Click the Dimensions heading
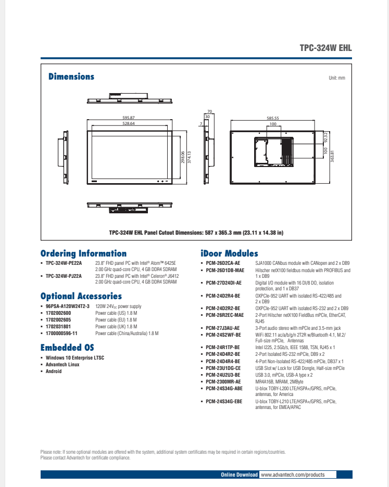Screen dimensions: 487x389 71,76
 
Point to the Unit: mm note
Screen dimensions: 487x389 337,78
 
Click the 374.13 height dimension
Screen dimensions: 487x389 189,158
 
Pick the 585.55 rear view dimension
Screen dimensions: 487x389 273,118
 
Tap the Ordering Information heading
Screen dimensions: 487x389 83,253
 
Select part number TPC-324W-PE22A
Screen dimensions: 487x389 64,263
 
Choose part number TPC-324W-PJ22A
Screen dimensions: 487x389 64,276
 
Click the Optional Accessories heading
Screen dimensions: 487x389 81,296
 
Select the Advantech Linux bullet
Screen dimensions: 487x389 62,364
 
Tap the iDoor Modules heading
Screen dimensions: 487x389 229,253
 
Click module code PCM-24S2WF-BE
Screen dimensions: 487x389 223,335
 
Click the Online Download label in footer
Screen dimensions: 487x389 239,475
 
